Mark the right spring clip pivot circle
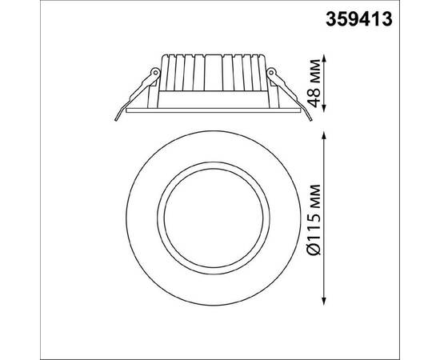tap(270, 73)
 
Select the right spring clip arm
tap(288, 92)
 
